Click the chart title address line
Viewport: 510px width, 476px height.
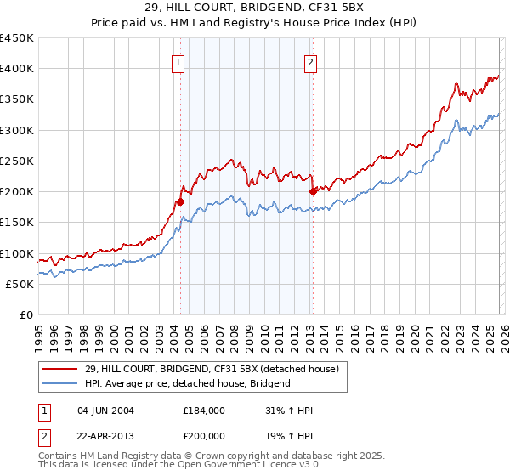[255, 8]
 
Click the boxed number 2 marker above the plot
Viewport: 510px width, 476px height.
[311, 62]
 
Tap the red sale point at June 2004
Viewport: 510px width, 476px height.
[180, 201]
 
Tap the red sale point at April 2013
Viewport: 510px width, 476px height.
[313, 191]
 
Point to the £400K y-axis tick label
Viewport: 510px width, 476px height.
[16, 69]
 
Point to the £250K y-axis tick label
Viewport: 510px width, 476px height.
[16, 161]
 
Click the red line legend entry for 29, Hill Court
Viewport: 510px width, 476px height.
[212, 368]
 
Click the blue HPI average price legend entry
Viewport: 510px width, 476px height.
[187, 383]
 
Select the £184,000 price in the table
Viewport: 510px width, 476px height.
[203, 411]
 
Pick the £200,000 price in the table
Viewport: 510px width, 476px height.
[203, 434]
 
